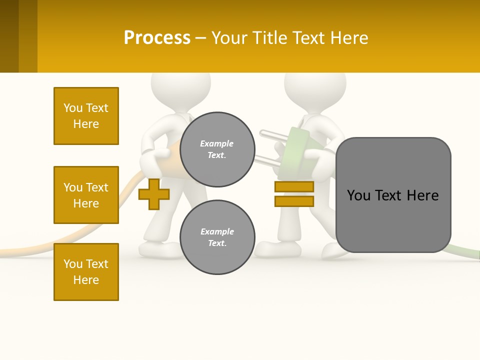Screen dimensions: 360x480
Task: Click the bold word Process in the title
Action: pos(157,38)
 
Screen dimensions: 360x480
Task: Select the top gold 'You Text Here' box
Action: pos(86,116)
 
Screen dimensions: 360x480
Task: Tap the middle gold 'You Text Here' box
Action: pos(86,195)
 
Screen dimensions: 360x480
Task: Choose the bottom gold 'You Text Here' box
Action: pos(86,272)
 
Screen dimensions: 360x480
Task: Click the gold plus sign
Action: pos(153,194)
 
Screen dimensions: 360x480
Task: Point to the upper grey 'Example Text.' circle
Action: pos(217,149)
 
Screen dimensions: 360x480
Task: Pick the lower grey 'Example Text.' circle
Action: pos(217,237)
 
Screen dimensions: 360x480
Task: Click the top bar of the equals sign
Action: pos(294,186)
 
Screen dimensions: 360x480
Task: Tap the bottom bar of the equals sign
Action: pos(294,201)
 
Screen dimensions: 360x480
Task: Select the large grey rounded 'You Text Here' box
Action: pos(393,195)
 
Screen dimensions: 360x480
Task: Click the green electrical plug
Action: pos(300,150)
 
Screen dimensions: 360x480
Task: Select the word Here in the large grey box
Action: pos(422,195)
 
